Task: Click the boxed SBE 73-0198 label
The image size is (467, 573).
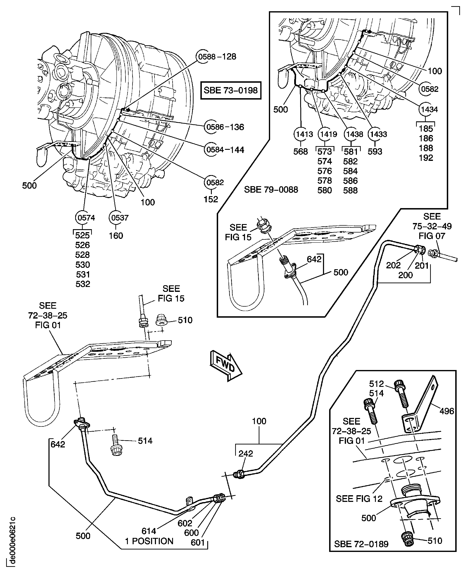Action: [x=231, y=90]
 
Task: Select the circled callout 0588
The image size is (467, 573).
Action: [x=203, y=57]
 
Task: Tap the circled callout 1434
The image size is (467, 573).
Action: [x=429, y=109]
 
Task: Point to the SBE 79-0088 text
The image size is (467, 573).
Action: [x=271, y=190]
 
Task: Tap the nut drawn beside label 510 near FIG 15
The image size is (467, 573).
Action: [x=161, y=320]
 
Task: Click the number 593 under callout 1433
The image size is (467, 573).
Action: [x=375, y=151]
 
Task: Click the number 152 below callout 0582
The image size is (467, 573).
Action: [x=210, y=199]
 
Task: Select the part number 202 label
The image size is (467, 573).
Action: [x=393, y=265]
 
